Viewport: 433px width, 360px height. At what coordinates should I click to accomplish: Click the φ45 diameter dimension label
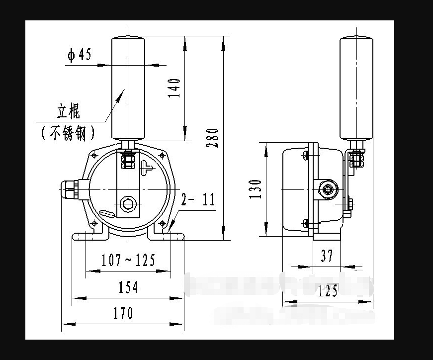[x=80, y=55]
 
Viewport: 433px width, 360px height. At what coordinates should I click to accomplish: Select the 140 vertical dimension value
[x=174, y=88]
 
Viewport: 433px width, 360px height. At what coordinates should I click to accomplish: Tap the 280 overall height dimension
[x=213, y=138]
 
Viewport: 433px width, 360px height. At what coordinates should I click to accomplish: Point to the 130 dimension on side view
[x=256, y=189]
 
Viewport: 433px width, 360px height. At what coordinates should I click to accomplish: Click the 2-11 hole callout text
[x=198, y=200]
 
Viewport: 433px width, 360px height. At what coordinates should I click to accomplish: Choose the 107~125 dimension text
[x=128, y=260]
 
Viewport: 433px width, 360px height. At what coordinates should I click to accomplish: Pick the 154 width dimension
[x=128, y=287]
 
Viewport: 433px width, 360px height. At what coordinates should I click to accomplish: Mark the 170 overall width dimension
[x=122, y=313]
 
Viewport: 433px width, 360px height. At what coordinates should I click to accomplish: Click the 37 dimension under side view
[x=327, y=256]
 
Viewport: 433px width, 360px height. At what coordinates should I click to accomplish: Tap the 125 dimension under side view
[x=328, y=291]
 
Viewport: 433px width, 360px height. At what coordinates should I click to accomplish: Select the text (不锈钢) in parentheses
[x=68, y=133]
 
